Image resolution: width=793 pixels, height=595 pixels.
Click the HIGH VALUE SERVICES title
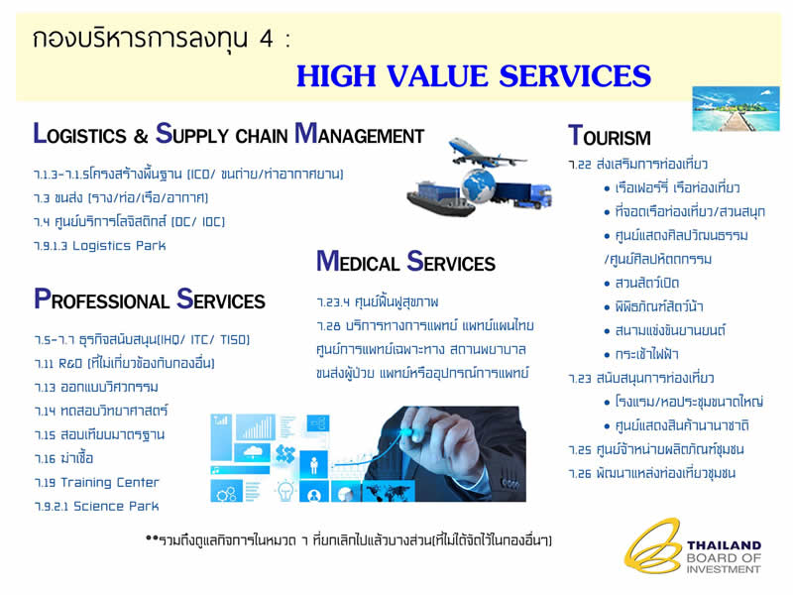click(474, 76)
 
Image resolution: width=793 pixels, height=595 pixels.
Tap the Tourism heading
click(610, 136)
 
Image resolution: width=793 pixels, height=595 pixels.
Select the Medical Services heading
click(405, 262)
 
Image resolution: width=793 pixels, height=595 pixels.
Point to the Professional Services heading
click(150, 299)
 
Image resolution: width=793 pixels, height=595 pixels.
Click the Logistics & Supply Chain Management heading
click(229, 134)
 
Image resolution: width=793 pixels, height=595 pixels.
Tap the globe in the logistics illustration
click(479, 185)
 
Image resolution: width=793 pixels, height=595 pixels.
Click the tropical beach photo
click(736, 109)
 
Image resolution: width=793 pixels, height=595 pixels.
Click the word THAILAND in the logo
click(724, 545)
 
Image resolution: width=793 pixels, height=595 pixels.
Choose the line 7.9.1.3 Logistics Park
click(100, 246)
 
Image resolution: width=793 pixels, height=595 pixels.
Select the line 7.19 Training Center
click(96, 483)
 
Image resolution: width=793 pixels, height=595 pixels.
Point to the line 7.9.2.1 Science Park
click(96, 507)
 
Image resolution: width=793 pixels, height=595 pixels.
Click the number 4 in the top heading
click(267, 39)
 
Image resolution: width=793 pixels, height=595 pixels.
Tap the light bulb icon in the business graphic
click(285, 489)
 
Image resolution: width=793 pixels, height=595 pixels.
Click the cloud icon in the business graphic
click(253, 451)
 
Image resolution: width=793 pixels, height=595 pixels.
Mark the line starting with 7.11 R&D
click(125, 363)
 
